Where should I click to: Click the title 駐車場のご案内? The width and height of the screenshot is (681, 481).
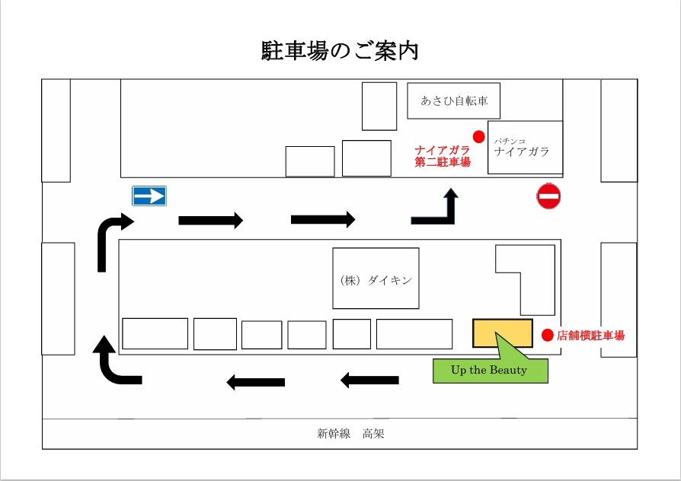(340, 51)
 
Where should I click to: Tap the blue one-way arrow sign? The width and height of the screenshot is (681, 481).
(149, 196)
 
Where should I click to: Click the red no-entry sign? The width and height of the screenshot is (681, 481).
(548, 196)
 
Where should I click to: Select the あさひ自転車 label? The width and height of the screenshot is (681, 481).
(454, 100)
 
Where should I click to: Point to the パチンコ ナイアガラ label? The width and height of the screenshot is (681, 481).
(522, 148)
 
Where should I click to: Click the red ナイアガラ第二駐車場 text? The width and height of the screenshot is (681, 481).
(443, 156)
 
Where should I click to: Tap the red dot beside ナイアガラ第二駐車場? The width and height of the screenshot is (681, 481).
(478, 136)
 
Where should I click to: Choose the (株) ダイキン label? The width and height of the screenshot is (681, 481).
(376, 280)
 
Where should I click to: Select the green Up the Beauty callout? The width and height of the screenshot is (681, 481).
(490, 371)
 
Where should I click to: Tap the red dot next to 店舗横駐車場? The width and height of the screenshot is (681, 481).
(547, 335)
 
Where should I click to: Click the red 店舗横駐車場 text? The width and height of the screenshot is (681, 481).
(591, 335)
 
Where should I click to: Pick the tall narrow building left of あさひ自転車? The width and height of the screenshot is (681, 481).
(379, 107)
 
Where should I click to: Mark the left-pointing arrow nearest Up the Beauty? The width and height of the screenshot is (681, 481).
(369, 379)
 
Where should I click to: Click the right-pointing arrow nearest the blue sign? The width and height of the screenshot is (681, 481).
(210, 221)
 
